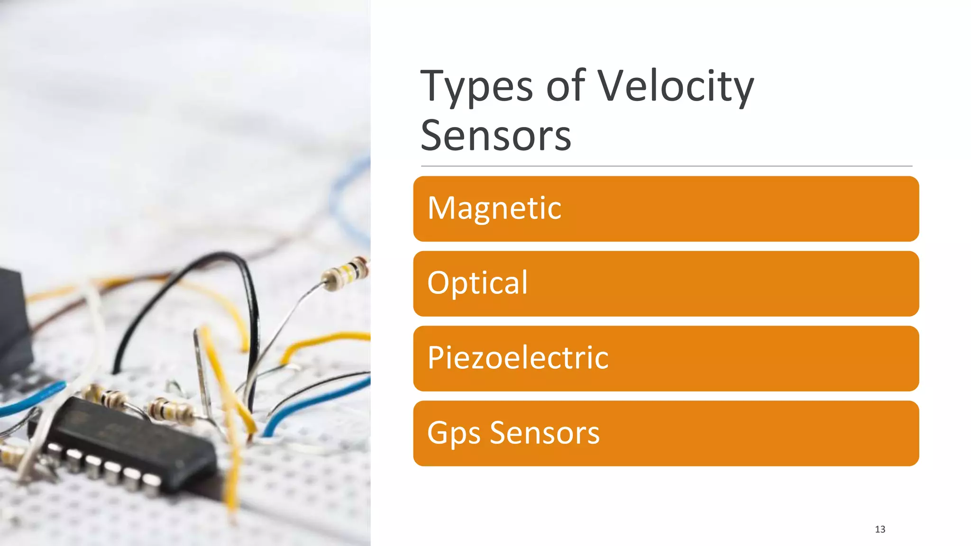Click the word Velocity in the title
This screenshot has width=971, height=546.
click(x=675, y=87)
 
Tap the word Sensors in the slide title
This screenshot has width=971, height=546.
click(x=495, y=136)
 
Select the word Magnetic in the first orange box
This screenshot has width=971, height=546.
click(x=494, y=209)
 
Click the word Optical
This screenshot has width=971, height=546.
click(x=477, y=283)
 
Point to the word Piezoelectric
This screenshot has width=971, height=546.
click(x=517, y=358)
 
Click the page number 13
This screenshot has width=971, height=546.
click(x=880, y=529)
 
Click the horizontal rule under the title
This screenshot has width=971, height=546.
click(x=666, y=166)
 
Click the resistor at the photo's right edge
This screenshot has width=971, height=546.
click(x=346, y=274)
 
